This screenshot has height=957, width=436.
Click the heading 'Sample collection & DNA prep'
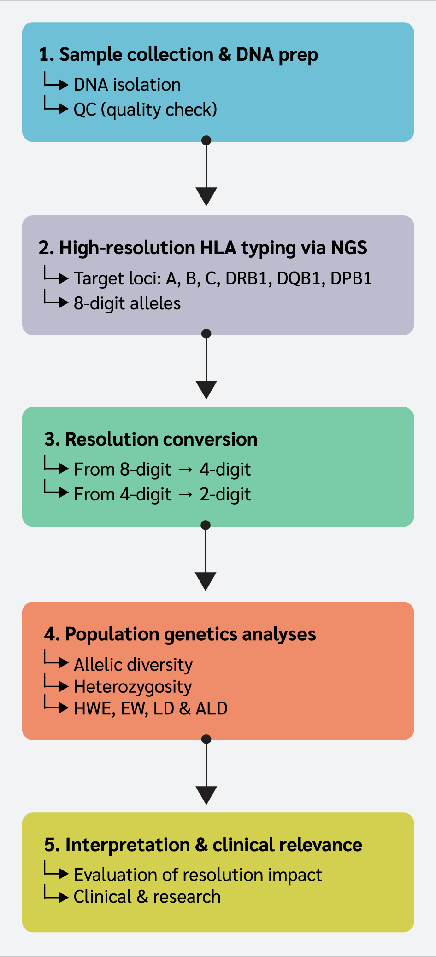click(188, 55)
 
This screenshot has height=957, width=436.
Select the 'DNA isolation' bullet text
click(127, 85)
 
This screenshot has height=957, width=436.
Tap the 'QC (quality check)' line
click(145, 110)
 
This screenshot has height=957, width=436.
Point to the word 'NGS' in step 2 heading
click(349, 248)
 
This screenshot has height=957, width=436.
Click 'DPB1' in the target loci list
click(351, 278)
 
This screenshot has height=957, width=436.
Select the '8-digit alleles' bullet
click(127, 303)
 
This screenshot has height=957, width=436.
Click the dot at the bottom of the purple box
click(206, 333)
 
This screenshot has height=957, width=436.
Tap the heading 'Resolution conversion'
click(161, 440)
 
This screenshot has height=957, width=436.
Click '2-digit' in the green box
click(225, 494)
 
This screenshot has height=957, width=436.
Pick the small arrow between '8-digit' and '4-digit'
click(185, 470)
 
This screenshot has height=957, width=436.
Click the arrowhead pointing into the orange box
click(206, 581)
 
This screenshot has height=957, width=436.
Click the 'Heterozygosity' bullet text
click(133, 687)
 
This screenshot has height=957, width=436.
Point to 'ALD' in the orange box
click(212, 708)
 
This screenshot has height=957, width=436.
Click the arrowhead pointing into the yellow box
click(206, 795)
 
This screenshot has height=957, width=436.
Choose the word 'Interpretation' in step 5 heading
click(127, 845)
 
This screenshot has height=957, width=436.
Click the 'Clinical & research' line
click(147, 897)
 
